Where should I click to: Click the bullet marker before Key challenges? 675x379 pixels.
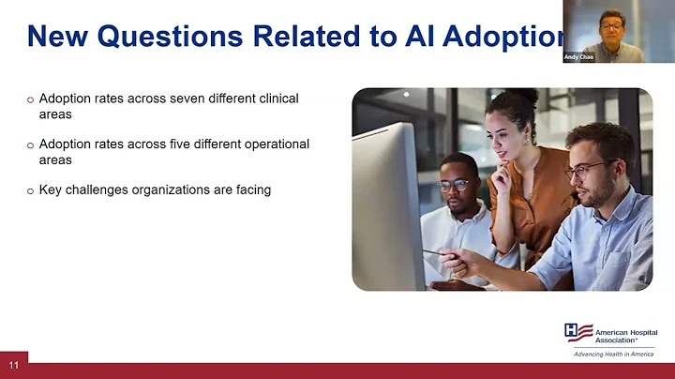pyautogui.click(x=30, y=190)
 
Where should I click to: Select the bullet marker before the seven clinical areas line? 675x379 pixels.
pyautogui.click(x=30, y=100)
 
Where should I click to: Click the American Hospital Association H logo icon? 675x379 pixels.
pyautogui.click(x=577, y=333)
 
